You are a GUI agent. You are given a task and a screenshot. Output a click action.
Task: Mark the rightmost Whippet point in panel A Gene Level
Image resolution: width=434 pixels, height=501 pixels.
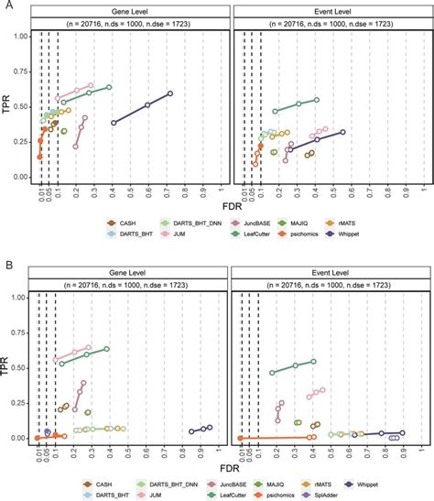[170, 93]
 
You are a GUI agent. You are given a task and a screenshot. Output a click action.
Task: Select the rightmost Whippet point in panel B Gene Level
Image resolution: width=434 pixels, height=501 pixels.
[210, 428]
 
